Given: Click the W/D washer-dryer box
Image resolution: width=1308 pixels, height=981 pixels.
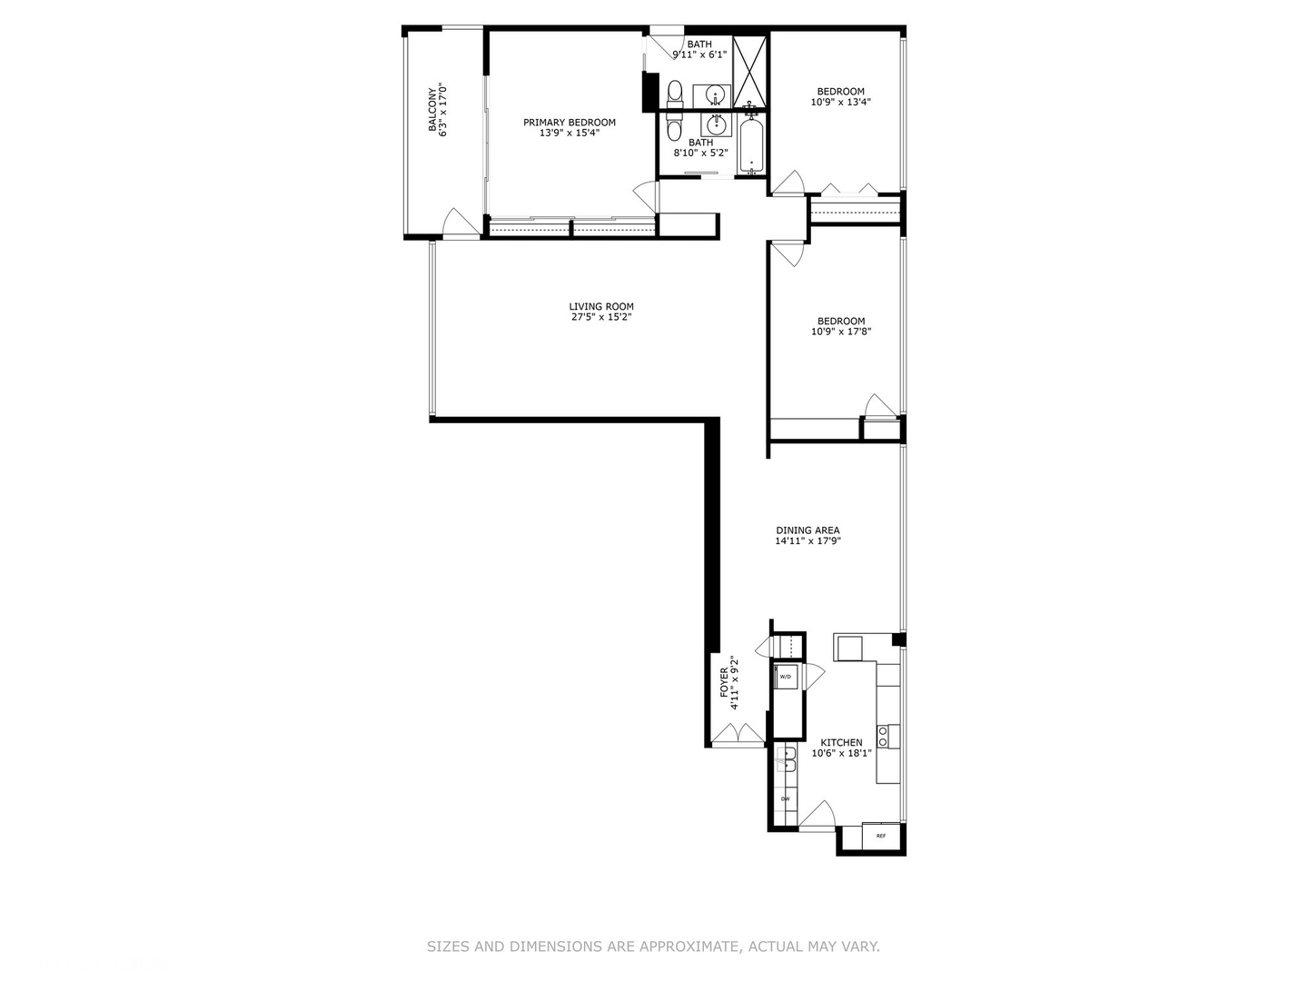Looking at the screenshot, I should point(786,677).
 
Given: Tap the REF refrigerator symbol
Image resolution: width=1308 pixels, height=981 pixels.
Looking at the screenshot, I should point(880,836).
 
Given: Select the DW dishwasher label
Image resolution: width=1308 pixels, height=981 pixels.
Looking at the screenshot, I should point(785,799).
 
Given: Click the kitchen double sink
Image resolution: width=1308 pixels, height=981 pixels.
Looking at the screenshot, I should point(787,759).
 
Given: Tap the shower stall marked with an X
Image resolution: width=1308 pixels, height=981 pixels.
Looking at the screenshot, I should point(750,71).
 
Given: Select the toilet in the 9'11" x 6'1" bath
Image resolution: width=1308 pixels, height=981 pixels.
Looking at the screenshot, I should point(674,93).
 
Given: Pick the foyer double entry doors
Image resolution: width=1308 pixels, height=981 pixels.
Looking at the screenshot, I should point(738,736).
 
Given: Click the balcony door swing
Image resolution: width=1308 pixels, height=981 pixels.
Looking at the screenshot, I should point(459,223).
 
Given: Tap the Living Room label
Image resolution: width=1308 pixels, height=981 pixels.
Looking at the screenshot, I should point(601,307).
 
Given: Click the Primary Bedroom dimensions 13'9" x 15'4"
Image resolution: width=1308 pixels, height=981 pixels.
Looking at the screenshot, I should point(570,134).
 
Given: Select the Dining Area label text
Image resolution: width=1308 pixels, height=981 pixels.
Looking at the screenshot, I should point(808,530).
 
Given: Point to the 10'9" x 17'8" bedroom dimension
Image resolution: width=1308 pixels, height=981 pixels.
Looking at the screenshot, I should point(841,332).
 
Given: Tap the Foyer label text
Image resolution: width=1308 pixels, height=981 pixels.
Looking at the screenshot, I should point(725,682).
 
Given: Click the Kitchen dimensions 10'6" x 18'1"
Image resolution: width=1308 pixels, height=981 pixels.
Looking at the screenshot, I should point(841,753).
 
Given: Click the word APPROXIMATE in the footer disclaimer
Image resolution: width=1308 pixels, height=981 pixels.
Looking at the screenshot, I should point(689,946).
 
